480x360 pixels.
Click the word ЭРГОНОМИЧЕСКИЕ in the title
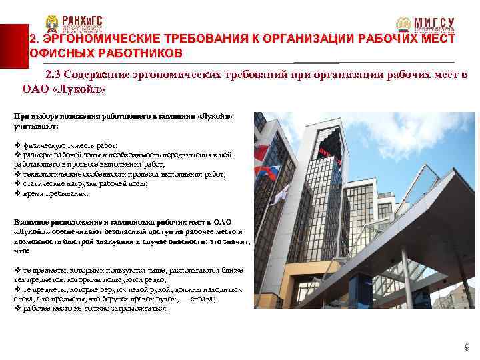[x=95, y=39]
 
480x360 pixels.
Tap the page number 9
[x=466, y=347]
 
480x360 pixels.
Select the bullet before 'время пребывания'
[x=17, y=193]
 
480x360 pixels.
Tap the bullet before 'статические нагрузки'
[x=17, y=183]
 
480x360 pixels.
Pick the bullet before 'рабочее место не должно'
[x=17, y=309]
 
